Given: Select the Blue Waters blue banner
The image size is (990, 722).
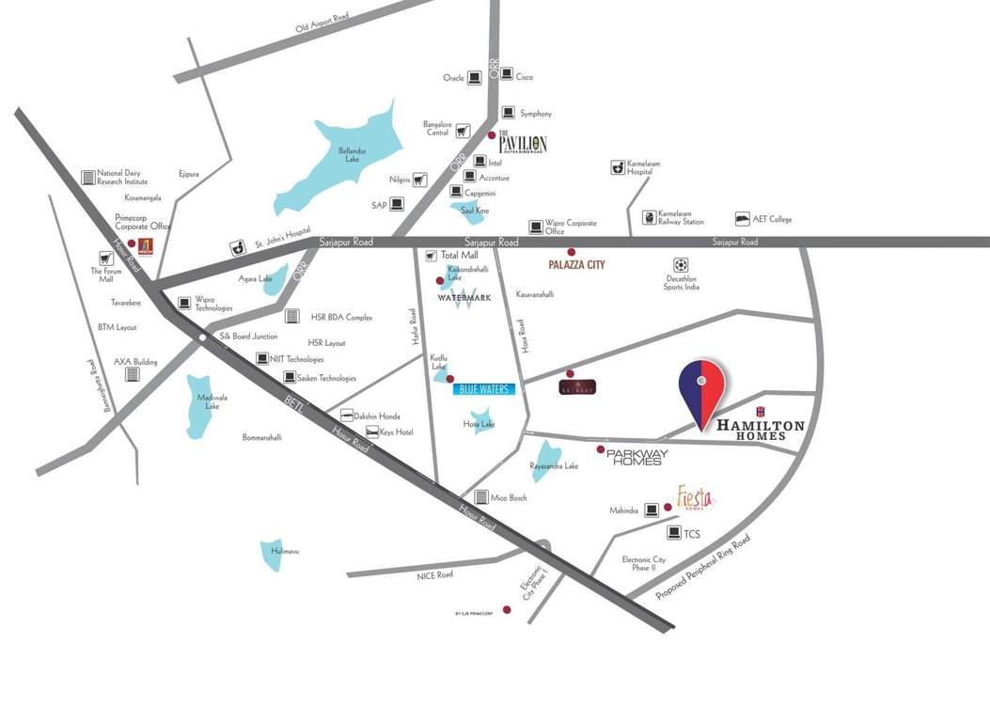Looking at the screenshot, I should click(484, 388).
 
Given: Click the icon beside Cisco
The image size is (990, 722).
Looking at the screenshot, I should click(506, 74).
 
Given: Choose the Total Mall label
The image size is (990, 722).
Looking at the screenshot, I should click(460, 255).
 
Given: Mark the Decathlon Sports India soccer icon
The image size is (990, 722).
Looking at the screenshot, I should click(681, 265).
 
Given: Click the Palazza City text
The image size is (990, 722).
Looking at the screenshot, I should click(576, 265).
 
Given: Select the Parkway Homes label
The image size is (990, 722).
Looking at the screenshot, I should click(636, 457).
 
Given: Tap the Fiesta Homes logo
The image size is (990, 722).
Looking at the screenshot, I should click(697, 497).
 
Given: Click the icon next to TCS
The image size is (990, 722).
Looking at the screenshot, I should click(674, 533).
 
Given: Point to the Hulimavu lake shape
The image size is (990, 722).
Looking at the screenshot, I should click(275, 556).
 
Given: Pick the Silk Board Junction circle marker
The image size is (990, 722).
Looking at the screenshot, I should click(203, 336).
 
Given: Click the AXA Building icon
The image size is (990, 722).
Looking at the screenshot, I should click(133, 374).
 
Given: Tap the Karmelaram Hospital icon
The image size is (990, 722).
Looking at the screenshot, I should click(618, 166).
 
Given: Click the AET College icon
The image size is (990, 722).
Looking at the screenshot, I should click(743, 218).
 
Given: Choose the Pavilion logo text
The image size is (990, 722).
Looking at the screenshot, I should click(522, 143).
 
